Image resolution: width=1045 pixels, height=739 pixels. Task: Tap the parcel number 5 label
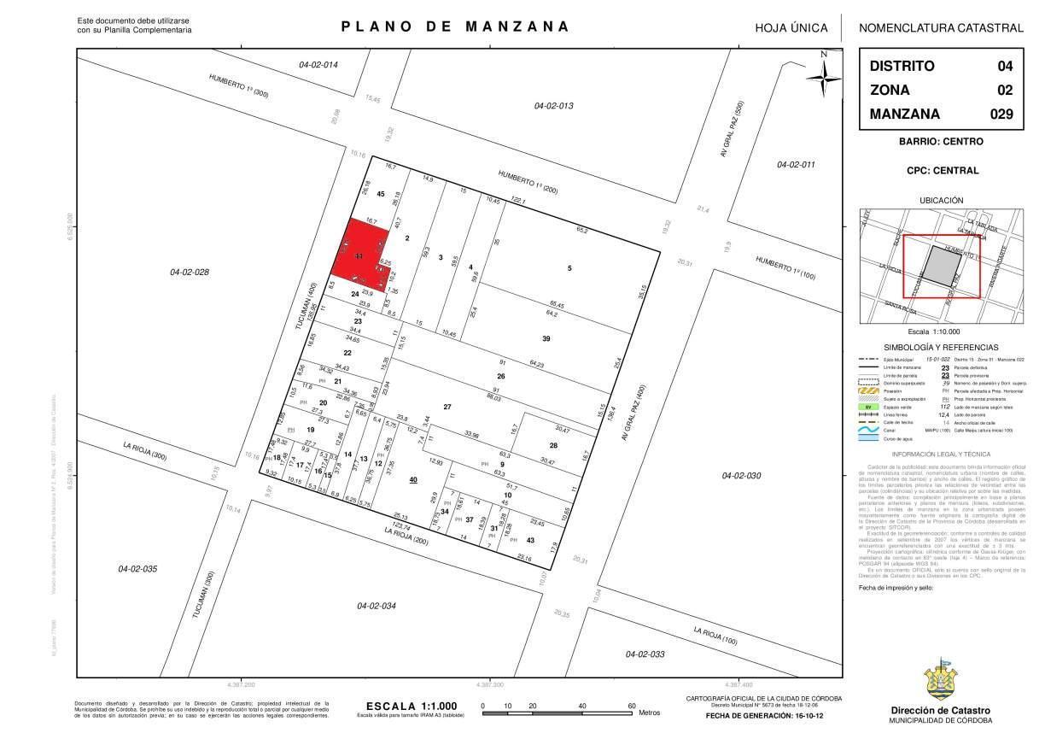(569, 269)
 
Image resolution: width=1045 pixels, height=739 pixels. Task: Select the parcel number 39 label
(546, 338)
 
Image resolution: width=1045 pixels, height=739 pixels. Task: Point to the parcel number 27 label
(447, 407)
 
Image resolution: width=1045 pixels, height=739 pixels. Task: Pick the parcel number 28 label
(553, 445)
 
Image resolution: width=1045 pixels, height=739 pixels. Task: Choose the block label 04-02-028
(190, 273)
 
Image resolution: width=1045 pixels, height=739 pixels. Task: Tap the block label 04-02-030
(741, 475)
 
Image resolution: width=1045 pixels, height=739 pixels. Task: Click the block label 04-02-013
(553, 106)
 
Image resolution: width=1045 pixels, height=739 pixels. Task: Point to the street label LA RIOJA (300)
(145, 451)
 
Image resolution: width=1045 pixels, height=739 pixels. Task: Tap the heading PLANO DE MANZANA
(455, 26)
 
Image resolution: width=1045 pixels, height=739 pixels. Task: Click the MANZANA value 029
(1000, 114)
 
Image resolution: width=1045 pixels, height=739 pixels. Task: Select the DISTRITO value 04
(1005, 66)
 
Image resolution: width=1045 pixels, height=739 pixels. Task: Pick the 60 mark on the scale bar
(632, 706)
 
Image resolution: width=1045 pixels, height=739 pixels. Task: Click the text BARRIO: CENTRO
(941, 142)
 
